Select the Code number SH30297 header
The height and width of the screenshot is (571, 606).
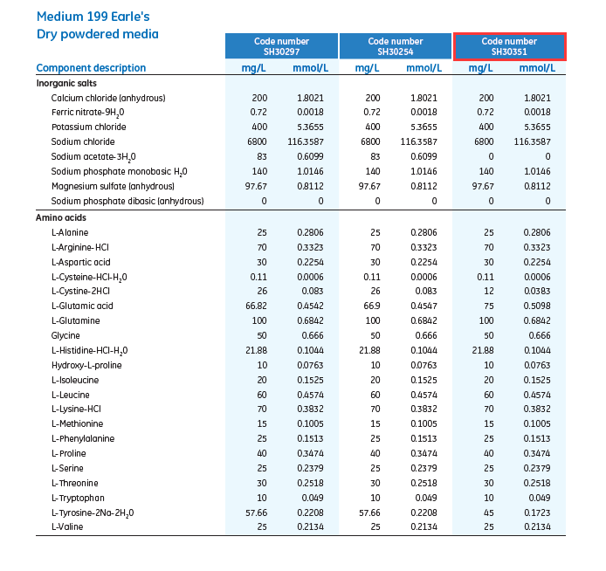(281, 46)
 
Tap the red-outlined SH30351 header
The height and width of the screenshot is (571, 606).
(509, 46)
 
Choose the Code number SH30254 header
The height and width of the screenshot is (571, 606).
(396, 46)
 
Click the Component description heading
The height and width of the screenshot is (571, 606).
(91, 68)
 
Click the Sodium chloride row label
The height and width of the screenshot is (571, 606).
(83, 141)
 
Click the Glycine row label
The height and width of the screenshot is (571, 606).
(65, 335)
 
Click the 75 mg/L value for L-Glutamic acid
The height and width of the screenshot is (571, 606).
(486, 306)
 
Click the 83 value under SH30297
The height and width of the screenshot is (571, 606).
(258, 156)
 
